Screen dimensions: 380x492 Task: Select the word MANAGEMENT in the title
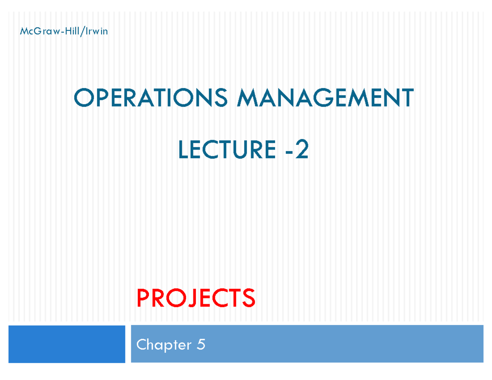point(325,99)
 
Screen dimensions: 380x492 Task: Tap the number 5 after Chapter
point(200,345)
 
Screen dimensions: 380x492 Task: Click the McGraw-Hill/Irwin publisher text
point(64,31)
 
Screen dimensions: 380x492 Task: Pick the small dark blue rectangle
point(66,344)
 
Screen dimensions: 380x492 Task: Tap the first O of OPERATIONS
point(81,99)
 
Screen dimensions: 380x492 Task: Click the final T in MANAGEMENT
point(407,99)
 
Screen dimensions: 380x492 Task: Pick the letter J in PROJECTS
point(187,298)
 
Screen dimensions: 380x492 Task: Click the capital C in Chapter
point(141,345)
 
